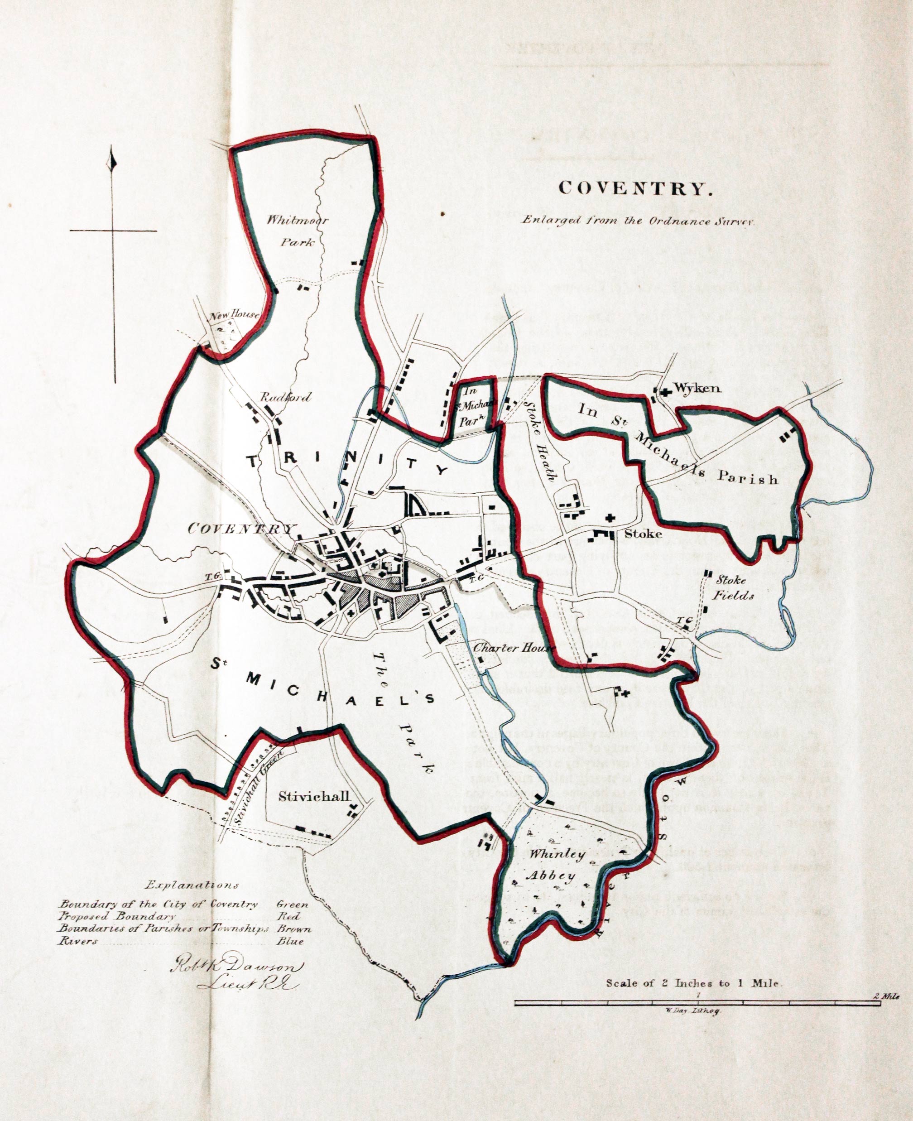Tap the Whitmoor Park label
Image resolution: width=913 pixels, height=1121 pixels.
297,231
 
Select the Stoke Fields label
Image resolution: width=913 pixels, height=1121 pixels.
734,587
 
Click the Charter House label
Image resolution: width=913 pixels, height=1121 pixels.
514,648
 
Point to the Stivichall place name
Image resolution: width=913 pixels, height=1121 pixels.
314,796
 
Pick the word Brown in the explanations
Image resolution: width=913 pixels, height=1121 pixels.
294,929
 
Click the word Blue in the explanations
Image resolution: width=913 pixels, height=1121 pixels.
290,942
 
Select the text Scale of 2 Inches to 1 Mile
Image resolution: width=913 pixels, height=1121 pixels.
694,983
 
